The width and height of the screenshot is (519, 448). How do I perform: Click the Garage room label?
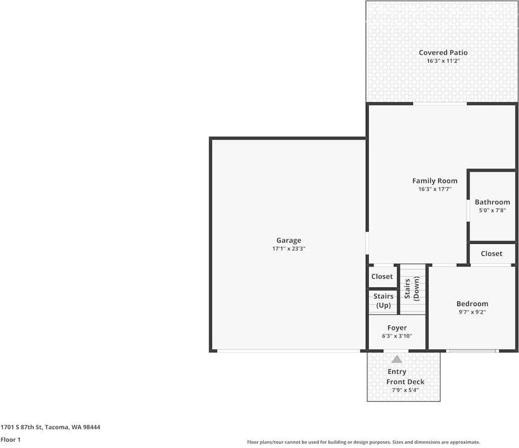(x=289, y=240)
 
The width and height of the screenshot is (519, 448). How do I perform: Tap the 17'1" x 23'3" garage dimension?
(x=289, y=248)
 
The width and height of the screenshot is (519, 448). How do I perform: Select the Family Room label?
(x=435, y=181)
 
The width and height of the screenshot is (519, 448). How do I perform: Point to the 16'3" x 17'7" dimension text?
(x=435, y=189)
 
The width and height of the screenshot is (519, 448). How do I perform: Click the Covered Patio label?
(x=443, y=53)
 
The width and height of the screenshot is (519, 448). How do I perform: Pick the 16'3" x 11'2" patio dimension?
(x=443, y=61)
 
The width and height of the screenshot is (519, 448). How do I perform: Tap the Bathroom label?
(x=492, y=202)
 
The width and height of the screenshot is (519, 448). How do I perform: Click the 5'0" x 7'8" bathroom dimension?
(x=492, y=210)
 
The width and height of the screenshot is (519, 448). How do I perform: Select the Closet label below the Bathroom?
(x=491, y=253)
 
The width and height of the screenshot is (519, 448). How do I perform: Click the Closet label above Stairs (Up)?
(x=382, y=276)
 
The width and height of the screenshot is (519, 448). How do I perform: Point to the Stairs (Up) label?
(x=383, y=301)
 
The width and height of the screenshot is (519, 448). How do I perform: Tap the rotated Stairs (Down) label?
(x=412, y=288)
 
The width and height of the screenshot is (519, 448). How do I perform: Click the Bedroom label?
(x=472, y=304)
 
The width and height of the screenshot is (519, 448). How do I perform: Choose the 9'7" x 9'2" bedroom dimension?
(x=472, y=312)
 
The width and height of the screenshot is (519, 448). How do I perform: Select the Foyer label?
(x=397, y=328)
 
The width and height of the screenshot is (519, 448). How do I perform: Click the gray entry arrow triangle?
(x=397, y=359)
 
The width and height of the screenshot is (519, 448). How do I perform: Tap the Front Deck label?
(x=405, y=382)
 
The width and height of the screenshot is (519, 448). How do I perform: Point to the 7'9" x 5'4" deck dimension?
(x=405, y=390)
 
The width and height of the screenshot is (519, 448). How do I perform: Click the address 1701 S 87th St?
(x=22, y=427)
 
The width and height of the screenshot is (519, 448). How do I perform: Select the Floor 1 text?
(x=11, y=439)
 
